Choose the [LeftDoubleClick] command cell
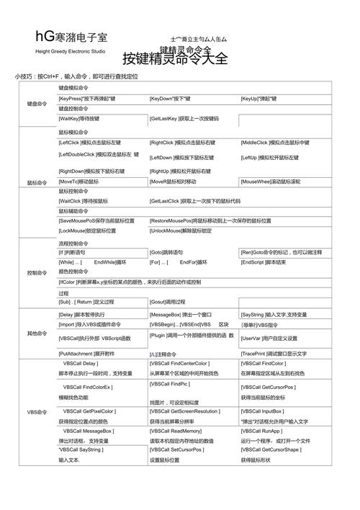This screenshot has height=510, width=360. tap(99, 154)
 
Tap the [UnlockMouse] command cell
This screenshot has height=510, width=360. tap(181, 231)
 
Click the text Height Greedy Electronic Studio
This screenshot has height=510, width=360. tap(70, 52)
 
